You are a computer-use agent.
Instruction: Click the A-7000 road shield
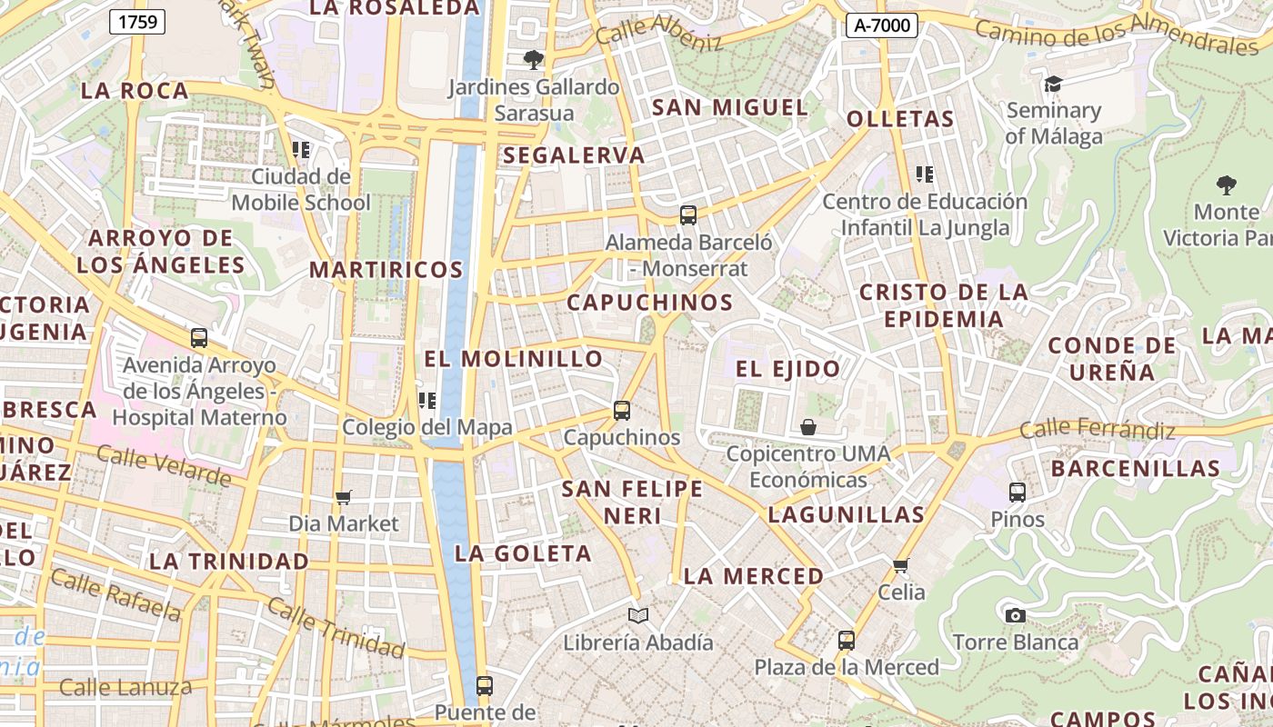[x=881, y=25]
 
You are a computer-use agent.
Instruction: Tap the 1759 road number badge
[x=136, y=22]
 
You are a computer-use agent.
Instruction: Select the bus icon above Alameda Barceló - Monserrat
[x=688, y=215]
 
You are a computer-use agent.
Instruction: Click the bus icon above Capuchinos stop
[x=622, y=410]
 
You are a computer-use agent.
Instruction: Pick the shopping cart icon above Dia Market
[x=344, y=497]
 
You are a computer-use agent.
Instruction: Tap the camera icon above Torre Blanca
[x=1016, y=615]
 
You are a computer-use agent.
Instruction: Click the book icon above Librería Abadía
[x=638, y=616]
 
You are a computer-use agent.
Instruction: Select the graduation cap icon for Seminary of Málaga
[x=1053, y=84]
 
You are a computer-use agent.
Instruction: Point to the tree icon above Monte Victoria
[x=1227, y=185]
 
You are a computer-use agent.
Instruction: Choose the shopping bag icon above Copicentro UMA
[x=807, y=426]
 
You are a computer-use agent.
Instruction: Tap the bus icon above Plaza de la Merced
[x=847, y=640]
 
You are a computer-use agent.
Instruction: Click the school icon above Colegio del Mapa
[x=427, y=400]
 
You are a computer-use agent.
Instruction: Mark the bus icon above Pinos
[x=1017, y=493]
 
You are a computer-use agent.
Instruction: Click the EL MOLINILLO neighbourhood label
[x=514, y=359]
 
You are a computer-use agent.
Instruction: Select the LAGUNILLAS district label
[x=846, y=514]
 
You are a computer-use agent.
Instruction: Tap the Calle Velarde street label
[x=164, y=465]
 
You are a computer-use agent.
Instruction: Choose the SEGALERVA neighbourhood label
[x=574, y=155]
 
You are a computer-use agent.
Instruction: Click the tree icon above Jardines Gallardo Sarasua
[x=534, y=60]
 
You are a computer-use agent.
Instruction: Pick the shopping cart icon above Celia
[x=901, y=565]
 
